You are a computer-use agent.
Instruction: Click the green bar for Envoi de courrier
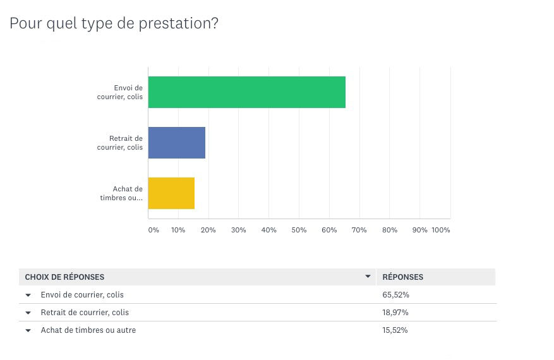coord(246,92)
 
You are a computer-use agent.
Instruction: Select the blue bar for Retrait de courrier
coord(177,143)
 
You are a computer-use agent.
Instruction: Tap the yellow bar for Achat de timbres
coord(171,193)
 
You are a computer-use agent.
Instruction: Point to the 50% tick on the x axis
coord(299,230)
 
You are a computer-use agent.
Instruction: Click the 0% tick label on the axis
coord(154,230)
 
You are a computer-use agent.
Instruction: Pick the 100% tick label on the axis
coord(440,230)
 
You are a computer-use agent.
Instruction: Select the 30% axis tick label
coord(238,230)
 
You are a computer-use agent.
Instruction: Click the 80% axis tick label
coord(390,230)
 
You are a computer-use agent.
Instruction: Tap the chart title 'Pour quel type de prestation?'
coord(114,23)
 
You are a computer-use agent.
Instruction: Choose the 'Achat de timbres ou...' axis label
coord(121,193)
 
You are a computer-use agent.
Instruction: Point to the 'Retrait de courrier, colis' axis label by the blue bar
coord(120,143)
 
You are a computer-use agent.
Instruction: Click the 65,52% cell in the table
coord(395,295)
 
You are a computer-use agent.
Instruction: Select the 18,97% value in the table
coord(395,313)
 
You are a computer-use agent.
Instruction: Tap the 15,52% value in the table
coord(395,330)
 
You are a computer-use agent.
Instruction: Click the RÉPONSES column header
coord(403,277)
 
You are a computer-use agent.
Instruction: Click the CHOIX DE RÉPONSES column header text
coord(64,277)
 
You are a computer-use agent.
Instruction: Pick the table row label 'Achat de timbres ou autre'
coord(88,330)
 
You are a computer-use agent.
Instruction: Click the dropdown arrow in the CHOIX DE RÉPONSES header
coord(368,277)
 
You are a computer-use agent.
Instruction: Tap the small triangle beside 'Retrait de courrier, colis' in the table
coord(28,313)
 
